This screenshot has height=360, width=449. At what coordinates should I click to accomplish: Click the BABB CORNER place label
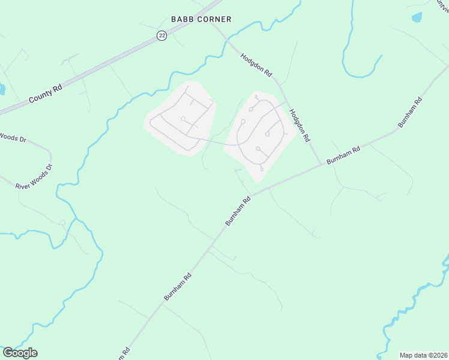[201, 19]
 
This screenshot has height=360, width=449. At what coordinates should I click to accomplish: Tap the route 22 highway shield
[162, 36]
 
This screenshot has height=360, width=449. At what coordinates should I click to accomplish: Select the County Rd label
[46, 95]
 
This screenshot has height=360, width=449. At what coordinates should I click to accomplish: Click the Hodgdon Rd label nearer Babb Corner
[256, 65]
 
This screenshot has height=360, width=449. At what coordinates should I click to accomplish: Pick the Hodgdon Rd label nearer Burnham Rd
[299, 125]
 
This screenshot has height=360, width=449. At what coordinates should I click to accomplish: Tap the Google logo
[20, 353]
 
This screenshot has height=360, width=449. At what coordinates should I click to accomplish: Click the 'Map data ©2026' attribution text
[424, 355]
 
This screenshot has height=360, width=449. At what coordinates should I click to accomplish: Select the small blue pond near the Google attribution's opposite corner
[417, 17]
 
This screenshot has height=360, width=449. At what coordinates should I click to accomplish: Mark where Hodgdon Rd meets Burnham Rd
[321, 164]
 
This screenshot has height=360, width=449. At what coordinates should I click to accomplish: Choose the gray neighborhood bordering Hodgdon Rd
[261, 132]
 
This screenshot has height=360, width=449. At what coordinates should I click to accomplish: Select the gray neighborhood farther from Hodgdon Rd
[179, 118]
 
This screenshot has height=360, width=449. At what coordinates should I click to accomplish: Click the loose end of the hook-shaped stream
[381, 56]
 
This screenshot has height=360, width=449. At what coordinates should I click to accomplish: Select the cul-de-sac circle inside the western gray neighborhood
[183, 119]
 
